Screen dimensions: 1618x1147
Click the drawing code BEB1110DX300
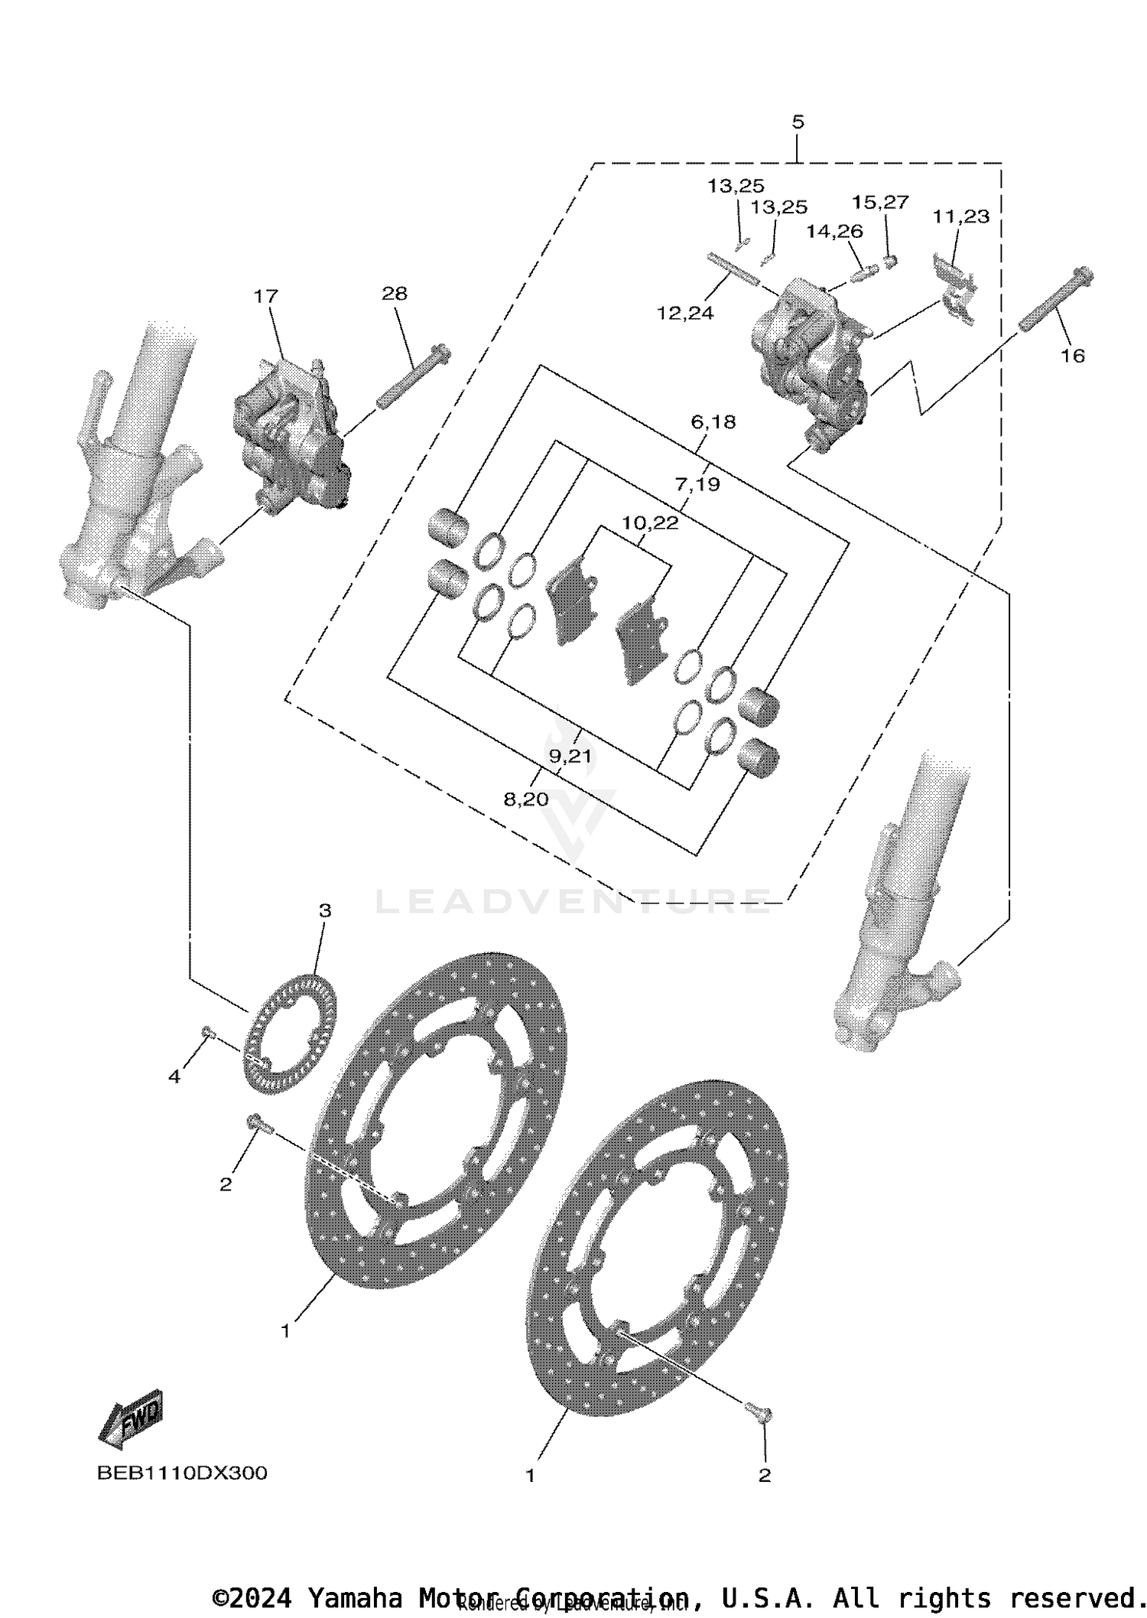[182, 1473]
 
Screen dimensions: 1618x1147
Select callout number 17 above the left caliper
[266, 296]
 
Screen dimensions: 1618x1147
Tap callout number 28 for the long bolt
[395, 293]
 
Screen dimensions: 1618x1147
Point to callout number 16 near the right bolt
[1073, 356]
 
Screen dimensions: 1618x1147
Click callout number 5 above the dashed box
[798, 122]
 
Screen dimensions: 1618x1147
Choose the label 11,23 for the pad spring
[960, 216]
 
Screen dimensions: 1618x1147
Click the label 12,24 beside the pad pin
[684, 313]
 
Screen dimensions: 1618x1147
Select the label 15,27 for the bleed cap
[880, 202]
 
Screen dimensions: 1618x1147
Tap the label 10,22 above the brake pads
[650, 523]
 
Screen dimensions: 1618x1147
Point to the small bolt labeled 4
[206, 1034]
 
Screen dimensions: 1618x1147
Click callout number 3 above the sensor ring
[325, 910]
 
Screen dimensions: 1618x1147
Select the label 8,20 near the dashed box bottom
[526, 799]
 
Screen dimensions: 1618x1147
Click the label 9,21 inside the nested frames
[570, 757]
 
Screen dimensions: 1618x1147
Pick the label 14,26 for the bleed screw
[834, 231]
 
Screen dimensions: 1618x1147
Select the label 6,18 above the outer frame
[713, 422]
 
